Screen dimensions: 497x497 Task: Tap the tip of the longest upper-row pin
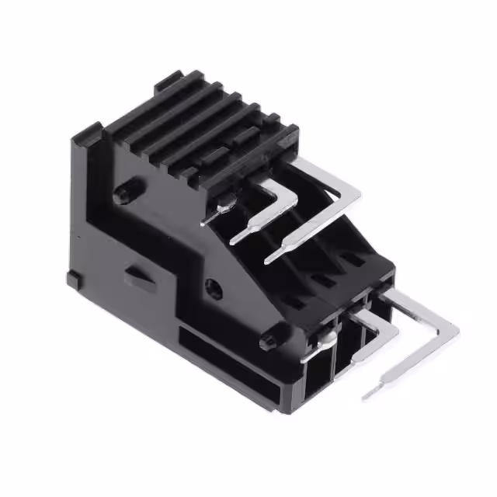pyautogui.click(x=270, y=258)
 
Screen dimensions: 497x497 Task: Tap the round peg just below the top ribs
pyautogui.click(x=124, y=193)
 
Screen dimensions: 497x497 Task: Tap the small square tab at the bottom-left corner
pyautogui.click(x=74, y=277)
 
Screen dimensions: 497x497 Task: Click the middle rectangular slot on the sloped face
pyautogui.click(x=318, y=277)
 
